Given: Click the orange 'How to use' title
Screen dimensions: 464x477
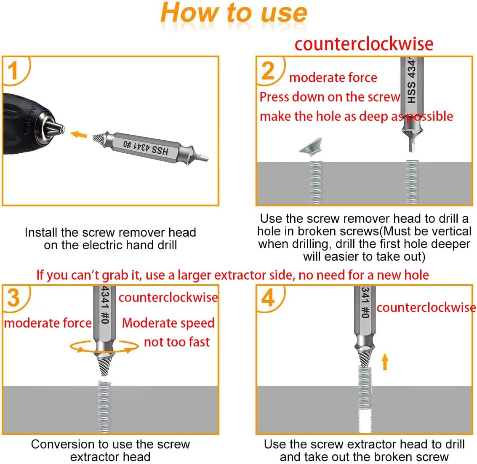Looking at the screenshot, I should click(234, 13).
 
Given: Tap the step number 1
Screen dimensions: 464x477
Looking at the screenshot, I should click(13, 70).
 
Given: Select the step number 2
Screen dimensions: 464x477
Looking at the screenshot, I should click(268, 70).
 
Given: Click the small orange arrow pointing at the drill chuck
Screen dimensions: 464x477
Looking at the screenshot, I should click(78, 135).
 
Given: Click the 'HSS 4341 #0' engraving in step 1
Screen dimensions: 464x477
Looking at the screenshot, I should click(146, 147).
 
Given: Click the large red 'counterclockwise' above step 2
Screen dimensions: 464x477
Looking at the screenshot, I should click(364, 44).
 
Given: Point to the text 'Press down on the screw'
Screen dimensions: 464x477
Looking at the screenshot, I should click(329, 97).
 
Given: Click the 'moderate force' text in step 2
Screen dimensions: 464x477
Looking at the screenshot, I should click(333, 77).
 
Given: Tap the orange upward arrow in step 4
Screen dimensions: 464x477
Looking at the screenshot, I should click(384, 361).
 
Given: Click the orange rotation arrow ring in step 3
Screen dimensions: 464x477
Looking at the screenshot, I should click(104, 347).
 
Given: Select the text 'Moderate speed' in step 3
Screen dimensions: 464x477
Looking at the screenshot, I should click(168, 323).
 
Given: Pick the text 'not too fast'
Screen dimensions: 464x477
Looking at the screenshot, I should click(176, 342).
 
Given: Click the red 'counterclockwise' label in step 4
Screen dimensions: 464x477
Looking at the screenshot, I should click(426, 308).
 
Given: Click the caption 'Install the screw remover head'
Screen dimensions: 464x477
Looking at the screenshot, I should click(110, 232).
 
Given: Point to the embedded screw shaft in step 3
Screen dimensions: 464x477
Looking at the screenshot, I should click(104, 406).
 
